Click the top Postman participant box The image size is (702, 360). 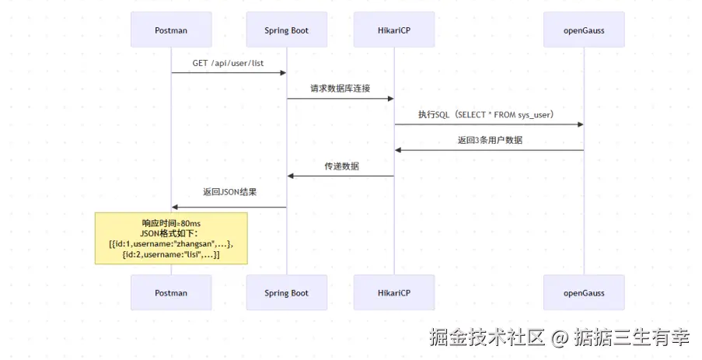click(x=171, y=30)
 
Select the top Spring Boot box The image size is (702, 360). click(x=286, y=30)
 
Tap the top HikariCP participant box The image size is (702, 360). click(x=394, y=30)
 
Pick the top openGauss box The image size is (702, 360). click(x=584, y=30)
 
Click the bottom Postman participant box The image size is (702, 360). click(x=171, y=293)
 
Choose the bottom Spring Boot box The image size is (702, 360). click(x=286, y=293)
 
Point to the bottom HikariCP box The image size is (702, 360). click(x=394, y=293)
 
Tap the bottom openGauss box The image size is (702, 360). click(x=584, y=293)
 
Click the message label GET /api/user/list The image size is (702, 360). click(x=229, y=62)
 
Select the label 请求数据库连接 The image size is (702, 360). click(x=341, y=88)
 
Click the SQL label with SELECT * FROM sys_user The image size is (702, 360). click(x=489, y=114)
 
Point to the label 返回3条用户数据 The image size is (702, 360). click(x=489, y=140)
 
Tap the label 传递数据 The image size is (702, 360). click(x=341, y=166)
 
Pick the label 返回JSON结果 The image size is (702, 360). click(x=229, y=192)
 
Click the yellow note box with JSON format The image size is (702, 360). click(x=171, y=239)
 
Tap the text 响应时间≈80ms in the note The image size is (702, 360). click(x=171, y=223)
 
